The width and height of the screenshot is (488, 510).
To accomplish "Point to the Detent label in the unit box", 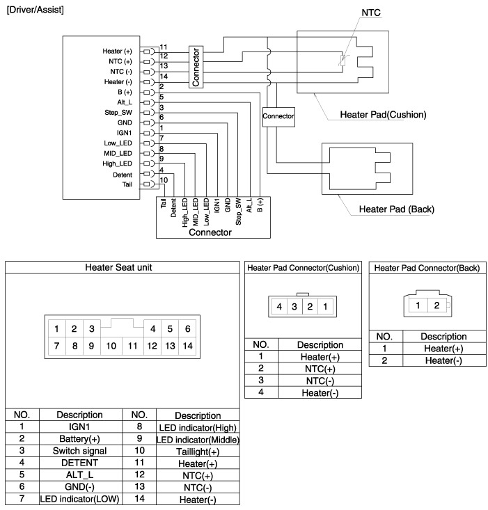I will point(121,174).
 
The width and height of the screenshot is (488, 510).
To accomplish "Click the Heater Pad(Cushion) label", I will point(383,115).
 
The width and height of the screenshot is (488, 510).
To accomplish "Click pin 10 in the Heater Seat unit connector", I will point(110,344).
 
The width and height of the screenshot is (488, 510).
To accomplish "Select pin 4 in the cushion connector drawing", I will point(278,306).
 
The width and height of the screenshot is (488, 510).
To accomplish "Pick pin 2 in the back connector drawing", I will point(437,305).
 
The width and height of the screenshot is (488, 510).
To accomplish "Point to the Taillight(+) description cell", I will point(198,451).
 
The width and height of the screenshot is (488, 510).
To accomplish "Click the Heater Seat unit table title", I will point(123,267).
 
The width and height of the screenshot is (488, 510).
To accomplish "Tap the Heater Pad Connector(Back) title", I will point(427,267).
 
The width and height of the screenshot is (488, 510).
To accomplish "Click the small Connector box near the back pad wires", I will point(278,116).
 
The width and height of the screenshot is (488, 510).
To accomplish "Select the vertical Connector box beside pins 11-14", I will point(196,67).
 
